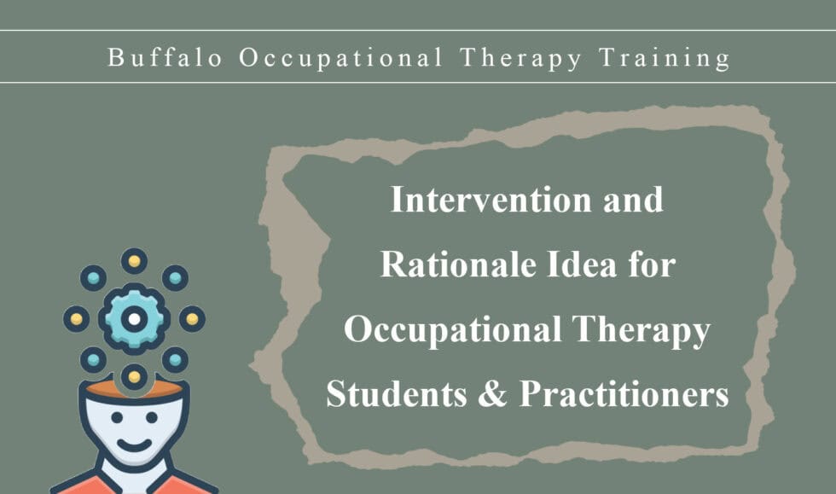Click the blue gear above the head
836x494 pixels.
coord(134,319)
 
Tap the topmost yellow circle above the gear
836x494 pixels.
coord(134,261)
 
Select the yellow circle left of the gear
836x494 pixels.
coord(77,319)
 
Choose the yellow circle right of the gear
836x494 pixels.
coord(192,319)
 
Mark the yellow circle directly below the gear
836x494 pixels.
coord(134,375)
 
